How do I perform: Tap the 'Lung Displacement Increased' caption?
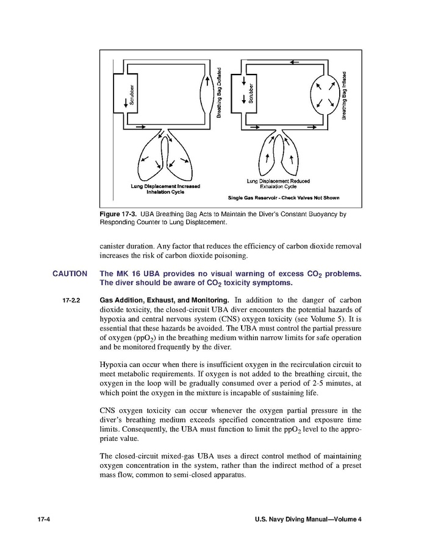point(165,186)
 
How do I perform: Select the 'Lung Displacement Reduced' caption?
point(278,181)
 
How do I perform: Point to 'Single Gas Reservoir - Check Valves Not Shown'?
point(283,198)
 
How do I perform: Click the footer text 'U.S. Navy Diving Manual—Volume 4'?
point(308,519)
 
